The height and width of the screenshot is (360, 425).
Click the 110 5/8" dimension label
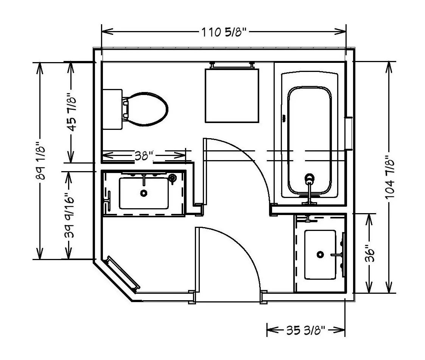(x=224, y=32)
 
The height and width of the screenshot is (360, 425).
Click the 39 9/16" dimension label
(x=69, y=215)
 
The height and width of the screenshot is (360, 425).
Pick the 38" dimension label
(x=144, y=156)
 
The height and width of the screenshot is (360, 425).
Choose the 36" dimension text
(x=369, y=253)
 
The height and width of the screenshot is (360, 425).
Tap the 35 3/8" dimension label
(x=305, y=330)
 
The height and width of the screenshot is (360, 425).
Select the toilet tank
(x=112, y=109)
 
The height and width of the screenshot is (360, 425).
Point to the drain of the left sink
(x=144, y=193)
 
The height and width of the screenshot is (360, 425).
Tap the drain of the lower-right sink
(x=321, y=254)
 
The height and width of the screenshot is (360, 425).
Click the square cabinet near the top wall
(x=232, y=96)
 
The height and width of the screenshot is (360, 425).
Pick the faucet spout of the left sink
(x=144, y=180)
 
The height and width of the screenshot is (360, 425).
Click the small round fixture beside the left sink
(x=173, y=178)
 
